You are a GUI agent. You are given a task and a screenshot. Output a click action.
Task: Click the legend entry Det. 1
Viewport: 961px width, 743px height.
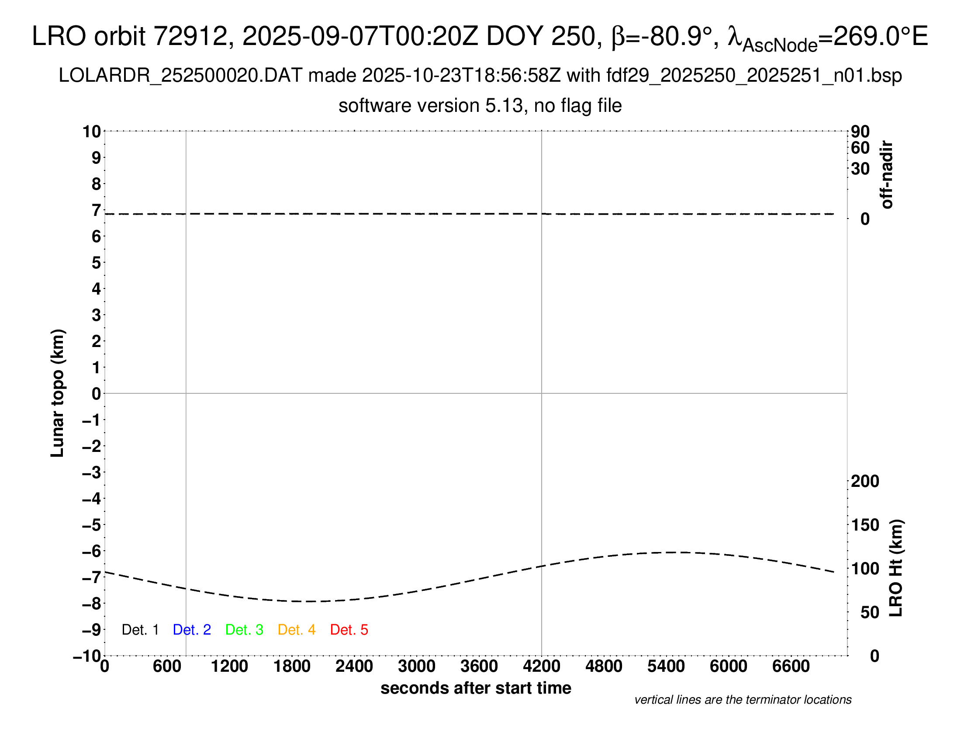click(140, 630)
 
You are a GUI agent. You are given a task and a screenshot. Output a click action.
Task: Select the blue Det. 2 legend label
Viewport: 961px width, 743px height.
click(192, 630)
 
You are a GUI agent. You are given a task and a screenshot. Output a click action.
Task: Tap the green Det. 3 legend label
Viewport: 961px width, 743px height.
click(244, 630)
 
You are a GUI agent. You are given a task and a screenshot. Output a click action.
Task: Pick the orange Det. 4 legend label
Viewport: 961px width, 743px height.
click(297, 630)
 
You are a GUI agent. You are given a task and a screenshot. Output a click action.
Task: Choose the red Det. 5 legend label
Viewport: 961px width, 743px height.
click(349, 630)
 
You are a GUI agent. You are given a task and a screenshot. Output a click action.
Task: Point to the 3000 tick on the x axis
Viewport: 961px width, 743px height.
click(416, 667)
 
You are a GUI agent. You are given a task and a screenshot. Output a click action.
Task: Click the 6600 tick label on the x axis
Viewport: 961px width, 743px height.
click(791, 667)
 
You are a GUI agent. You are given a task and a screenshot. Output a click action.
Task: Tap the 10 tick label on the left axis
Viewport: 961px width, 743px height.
click(92, 132)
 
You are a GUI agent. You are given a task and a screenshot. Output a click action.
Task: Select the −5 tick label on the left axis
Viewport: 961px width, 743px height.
click(92, 525)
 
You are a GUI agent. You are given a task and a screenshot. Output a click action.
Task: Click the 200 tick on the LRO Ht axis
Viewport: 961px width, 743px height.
click(865, 481)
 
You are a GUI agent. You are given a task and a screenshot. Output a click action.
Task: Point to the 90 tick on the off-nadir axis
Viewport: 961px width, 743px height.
click(860, 132)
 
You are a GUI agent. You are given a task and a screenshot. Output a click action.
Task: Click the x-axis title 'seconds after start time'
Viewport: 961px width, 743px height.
click(476, 688)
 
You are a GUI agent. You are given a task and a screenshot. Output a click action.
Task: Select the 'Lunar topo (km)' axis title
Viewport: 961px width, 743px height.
click(58, 393)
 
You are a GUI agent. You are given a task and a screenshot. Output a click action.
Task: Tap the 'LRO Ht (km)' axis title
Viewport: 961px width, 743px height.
click(896, 568)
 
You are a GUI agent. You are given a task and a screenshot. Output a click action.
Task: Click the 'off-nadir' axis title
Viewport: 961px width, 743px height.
click(887, 175)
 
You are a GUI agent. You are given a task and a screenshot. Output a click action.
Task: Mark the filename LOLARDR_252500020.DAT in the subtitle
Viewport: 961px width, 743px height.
click(180, 76)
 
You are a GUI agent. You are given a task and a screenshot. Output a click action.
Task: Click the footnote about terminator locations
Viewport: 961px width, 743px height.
click(743, 700)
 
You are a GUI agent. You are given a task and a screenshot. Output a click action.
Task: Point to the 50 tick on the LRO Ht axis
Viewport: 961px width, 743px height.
click(869, 612)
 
